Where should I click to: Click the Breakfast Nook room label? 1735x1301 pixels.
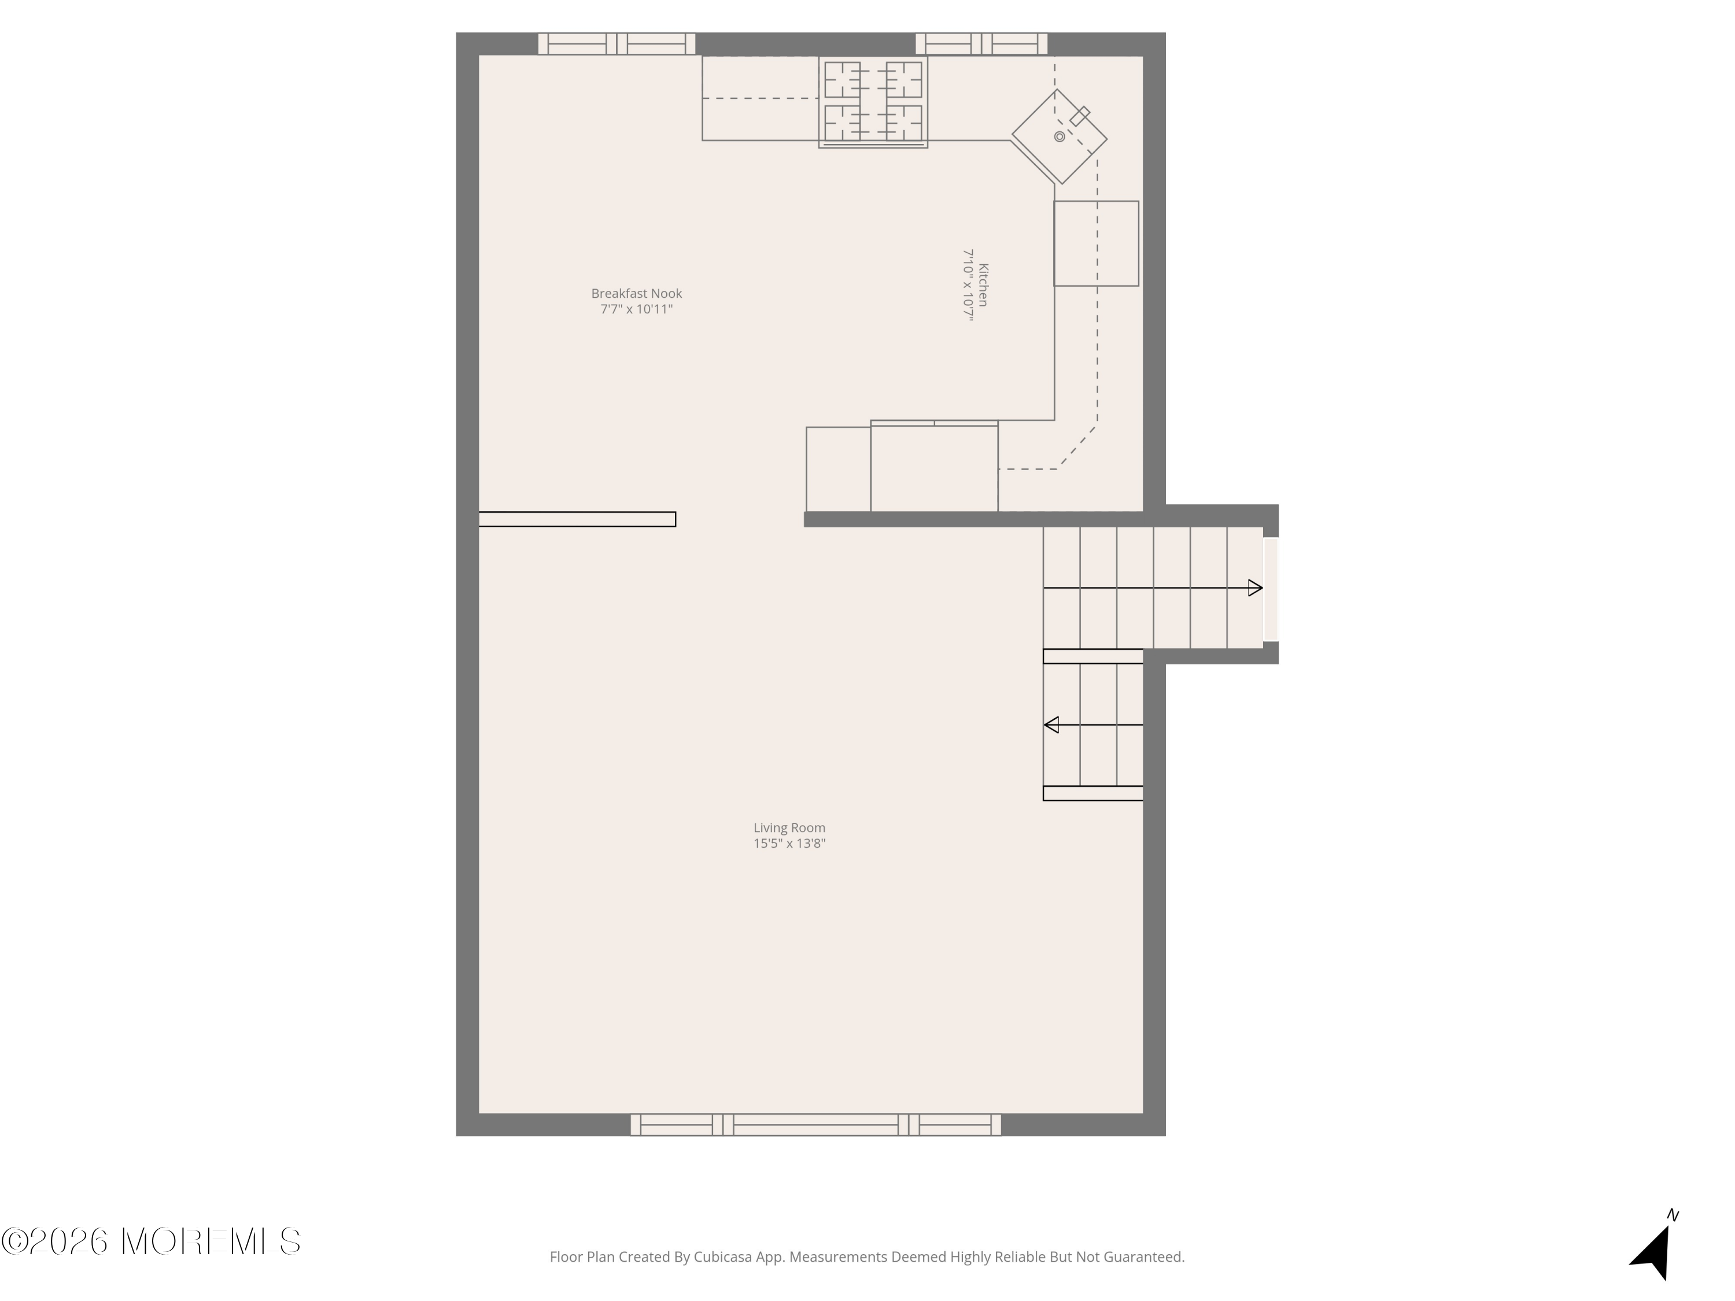636,293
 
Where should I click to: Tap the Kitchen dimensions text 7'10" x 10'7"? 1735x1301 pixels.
968,286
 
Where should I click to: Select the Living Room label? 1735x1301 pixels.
789,827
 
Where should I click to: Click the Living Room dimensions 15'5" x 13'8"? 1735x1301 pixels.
789,844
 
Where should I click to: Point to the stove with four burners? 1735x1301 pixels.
873,102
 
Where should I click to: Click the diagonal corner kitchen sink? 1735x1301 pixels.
1059,136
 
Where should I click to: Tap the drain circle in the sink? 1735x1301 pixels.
1059,136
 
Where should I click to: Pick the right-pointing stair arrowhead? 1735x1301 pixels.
1255,588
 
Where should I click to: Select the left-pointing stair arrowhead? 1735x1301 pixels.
1051,726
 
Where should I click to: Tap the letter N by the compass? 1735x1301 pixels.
1673,1215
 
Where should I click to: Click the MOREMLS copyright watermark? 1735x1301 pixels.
150,1241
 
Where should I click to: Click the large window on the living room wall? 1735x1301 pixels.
815,1125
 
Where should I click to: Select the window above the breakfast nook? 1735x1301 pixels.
617,44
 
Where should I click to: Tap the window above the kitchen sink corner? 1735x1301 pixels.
981,44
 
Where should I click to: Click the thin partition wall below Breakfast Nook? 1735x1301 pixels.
577,519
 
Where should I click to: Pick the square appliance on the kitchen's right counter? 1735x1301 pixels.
1096,243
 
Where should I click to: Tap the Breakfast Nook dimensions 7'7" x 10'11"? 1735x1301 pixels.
636,309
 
